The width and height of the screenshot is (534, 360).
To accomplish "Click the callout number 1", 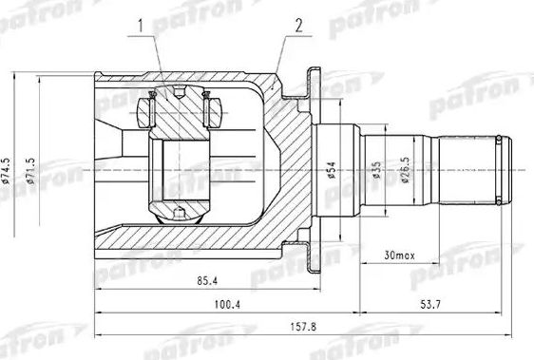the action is (x=141, y=26).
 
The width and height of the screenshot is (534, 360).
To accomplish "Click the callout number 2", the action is (x=299, y=26).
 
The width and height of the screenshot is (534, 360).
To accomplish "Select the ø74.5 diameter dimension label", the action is (x=7, y=171).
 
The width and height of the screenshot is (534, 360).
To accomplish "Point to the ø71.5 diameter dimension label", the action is (x=30, y=171).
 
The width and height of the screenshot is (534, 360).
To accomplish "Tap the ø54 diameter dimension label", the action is (x=331, y=170).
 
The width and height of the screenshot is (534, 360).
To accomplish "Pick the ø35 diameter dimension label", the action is (x=376, y=170).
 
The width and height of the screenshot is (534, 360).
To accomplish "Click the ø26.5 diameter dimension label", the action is (x=406, y=170).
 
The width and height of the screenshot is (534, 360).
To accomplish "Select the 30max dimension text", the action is (x=399, y=256).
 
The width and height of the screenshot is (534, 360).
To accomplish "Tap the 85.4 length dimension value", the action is (x=207, y=281).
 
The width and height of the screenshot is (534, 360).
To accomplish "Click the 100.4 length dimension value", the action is (x=227, y=304).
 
